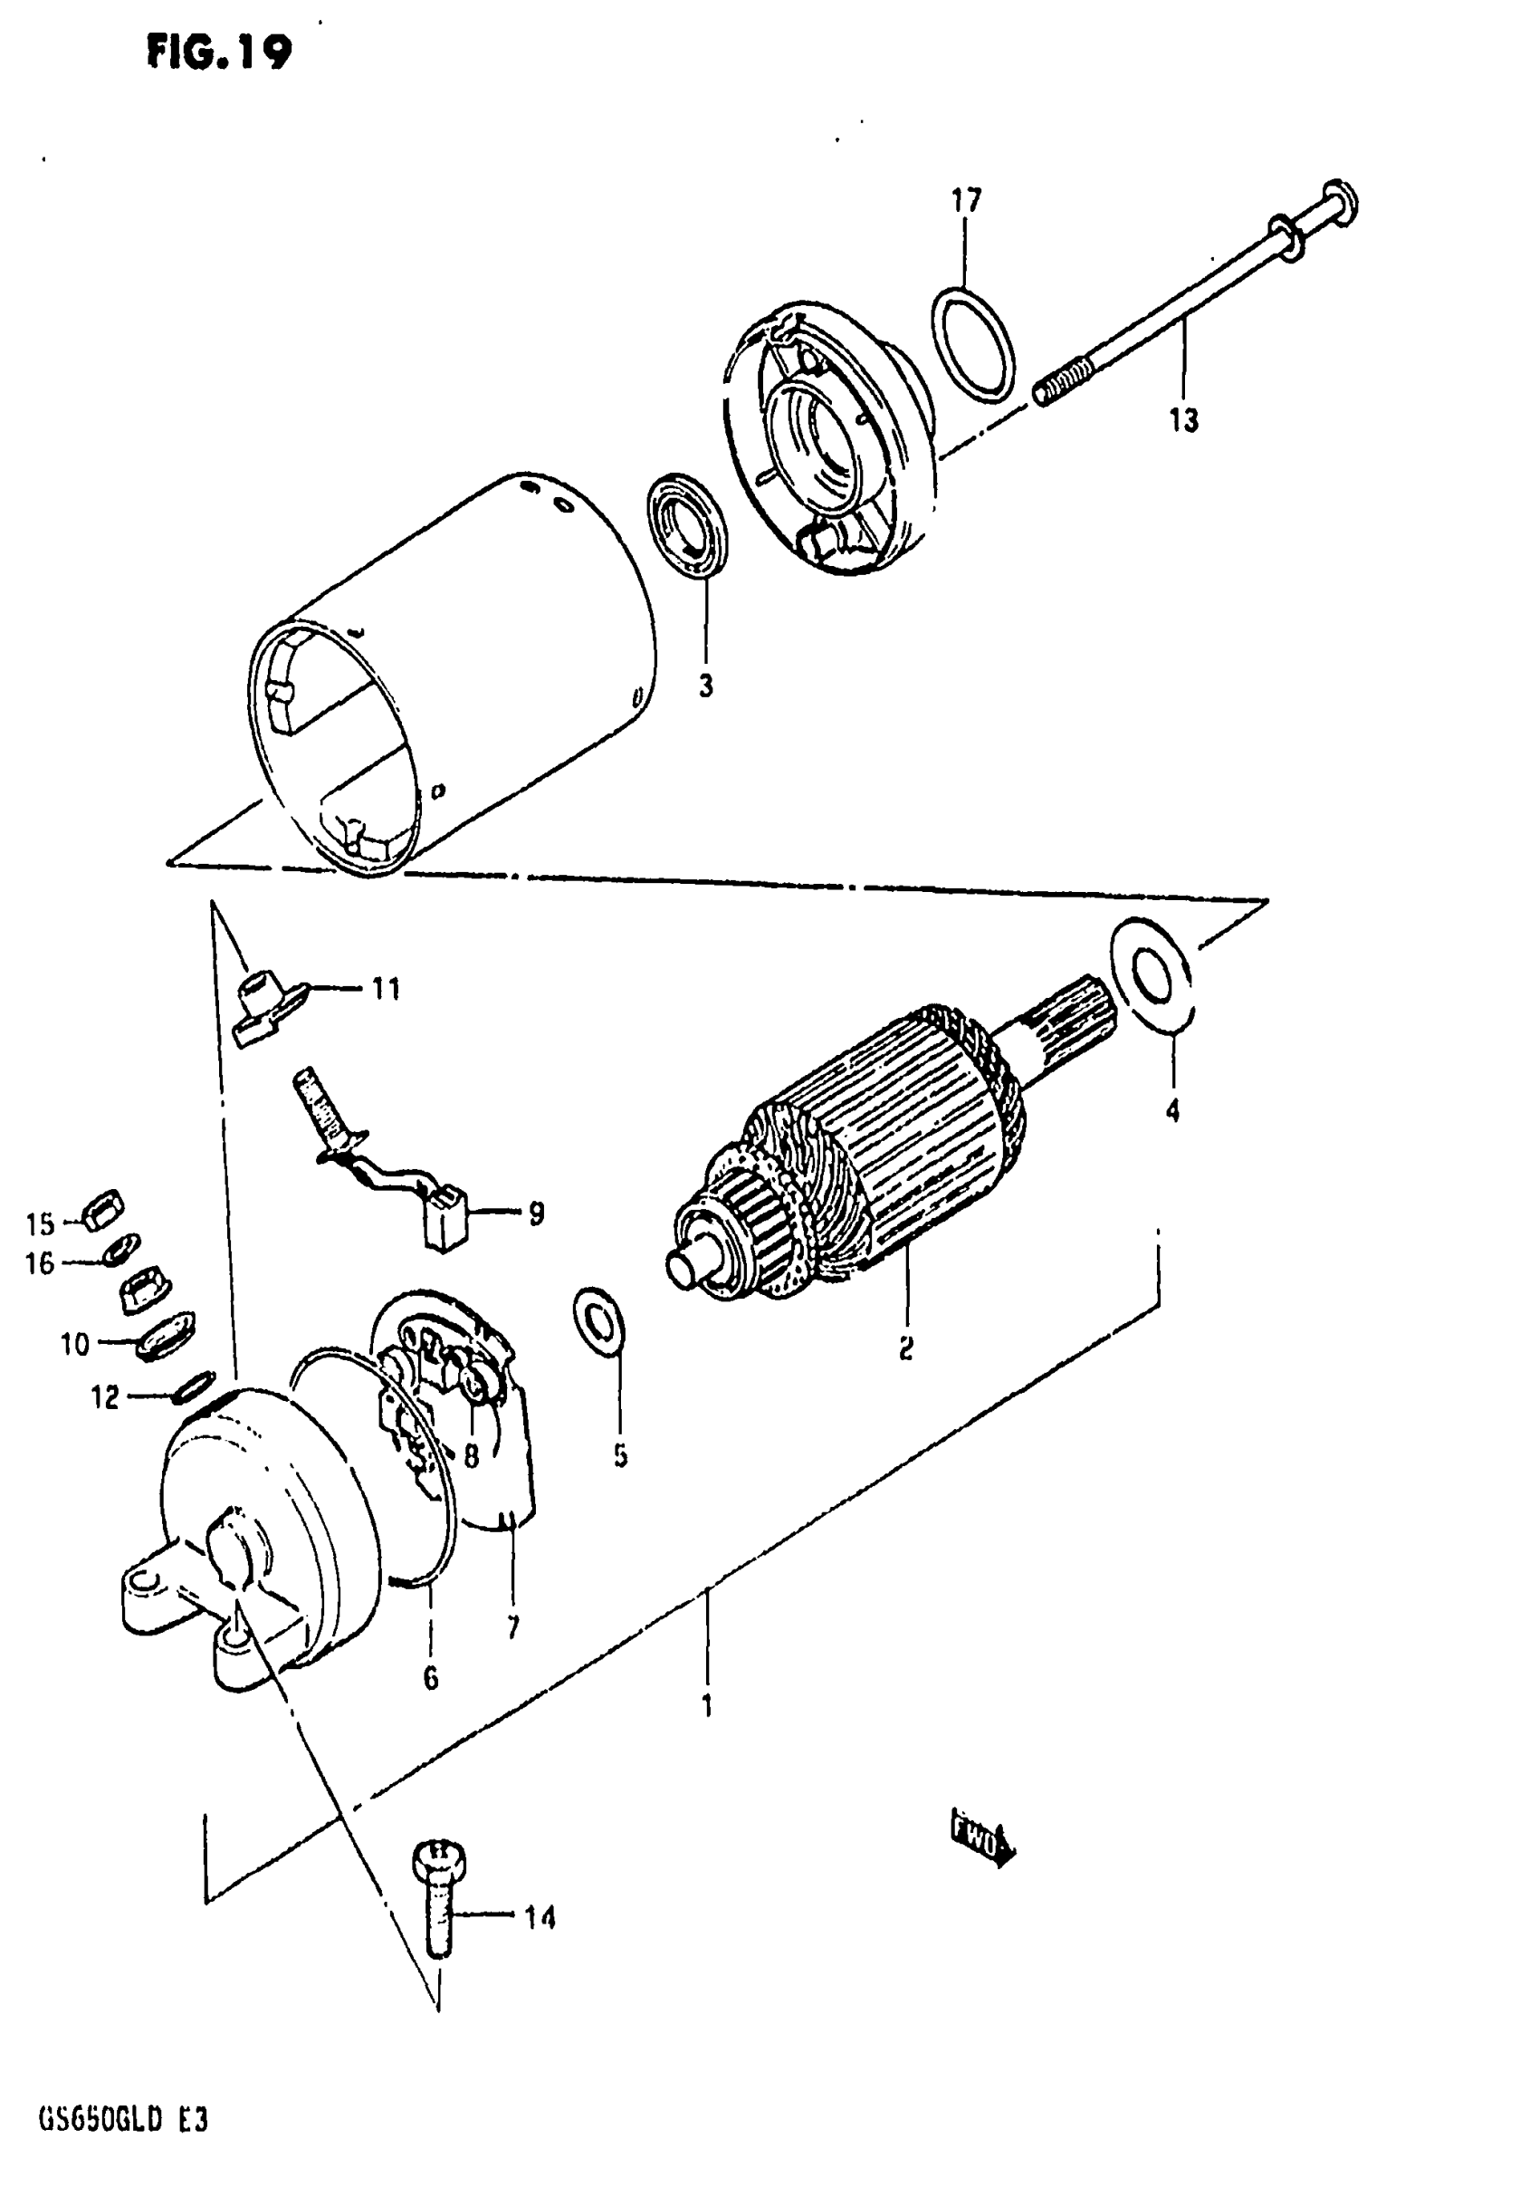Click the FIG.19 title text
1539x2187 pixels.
coord(219,53)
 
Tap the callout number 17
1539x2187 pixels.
coord(966,201)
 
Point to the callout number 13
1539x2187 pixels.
coord(1184,419)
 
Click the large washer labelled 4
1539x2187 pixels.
coord(1151,975)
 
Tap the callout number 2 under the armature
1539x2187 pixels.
coord(905,1348)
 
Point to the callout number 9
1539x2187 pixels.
coord(536,1213)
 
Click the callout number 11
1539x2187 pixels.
coord(385,989)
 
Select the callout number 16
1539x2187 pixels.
coord(40,1263)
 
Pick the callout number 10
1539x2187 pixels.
coord(74,1344)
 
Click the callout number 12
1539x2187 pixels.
coord(105,1397)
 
